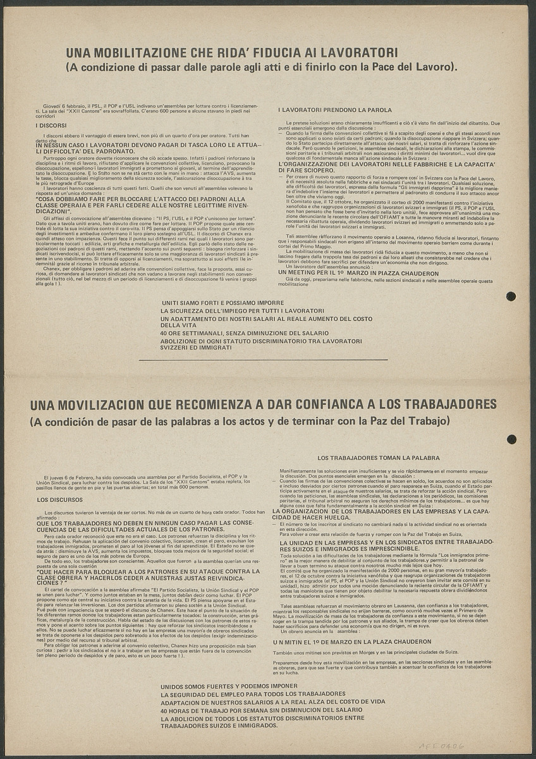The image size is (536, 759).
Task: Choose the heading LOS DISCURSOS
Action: pos(58,499)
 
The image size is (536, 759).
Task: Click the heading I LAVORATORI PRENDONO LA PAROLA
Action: pos(335,110)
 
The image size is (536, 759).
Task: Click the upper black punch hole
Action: pos(511,296)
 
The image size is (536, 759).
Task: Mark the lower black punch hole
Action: pos(511,439)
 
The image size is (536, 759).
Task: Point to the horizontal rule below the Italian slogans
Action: pos(262,360)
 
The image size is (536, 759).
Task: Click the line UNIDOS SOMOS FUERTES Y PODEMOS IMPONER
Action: pos(229,686)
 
